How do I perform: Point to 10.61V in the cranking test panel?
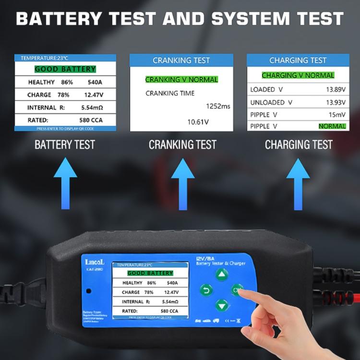point(198,122)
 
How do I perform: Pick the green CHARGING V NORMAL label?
point(298,75)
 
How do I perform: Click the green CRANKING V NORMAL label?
point(181,79)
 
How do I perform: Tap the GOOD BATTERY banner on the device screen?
point(150,273)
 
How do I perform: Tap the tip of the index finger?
point(240,290)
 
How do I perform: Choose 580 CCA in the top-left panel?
point(91,120)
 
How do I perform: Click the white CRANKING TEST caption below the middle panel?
point(182,144)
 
